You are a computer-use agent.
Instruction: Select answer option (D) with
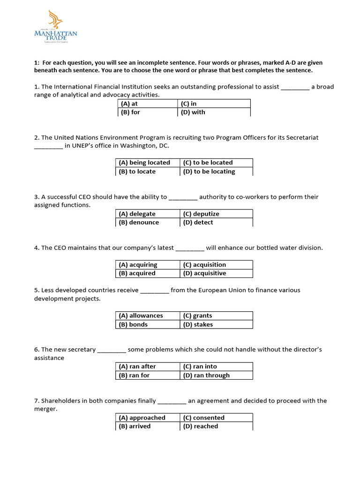click(x=193, y=112)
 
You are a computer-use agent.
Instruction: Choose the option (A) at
click(x=129, y=104)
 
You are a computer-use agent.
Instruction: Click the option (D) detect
click(x=198, y=223)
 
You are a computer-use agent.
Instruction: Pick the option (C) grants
click(x=197, y=316)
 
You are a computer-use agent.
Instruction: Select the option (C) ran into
click(x=200, y=367)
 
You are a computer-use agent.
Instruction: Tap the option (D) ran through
click(x=206, y=375)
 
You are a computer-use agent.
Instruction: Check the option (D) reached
click(x=201, y=427)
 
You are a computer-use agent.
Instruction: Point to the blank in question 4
click(x=190, y=248)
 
